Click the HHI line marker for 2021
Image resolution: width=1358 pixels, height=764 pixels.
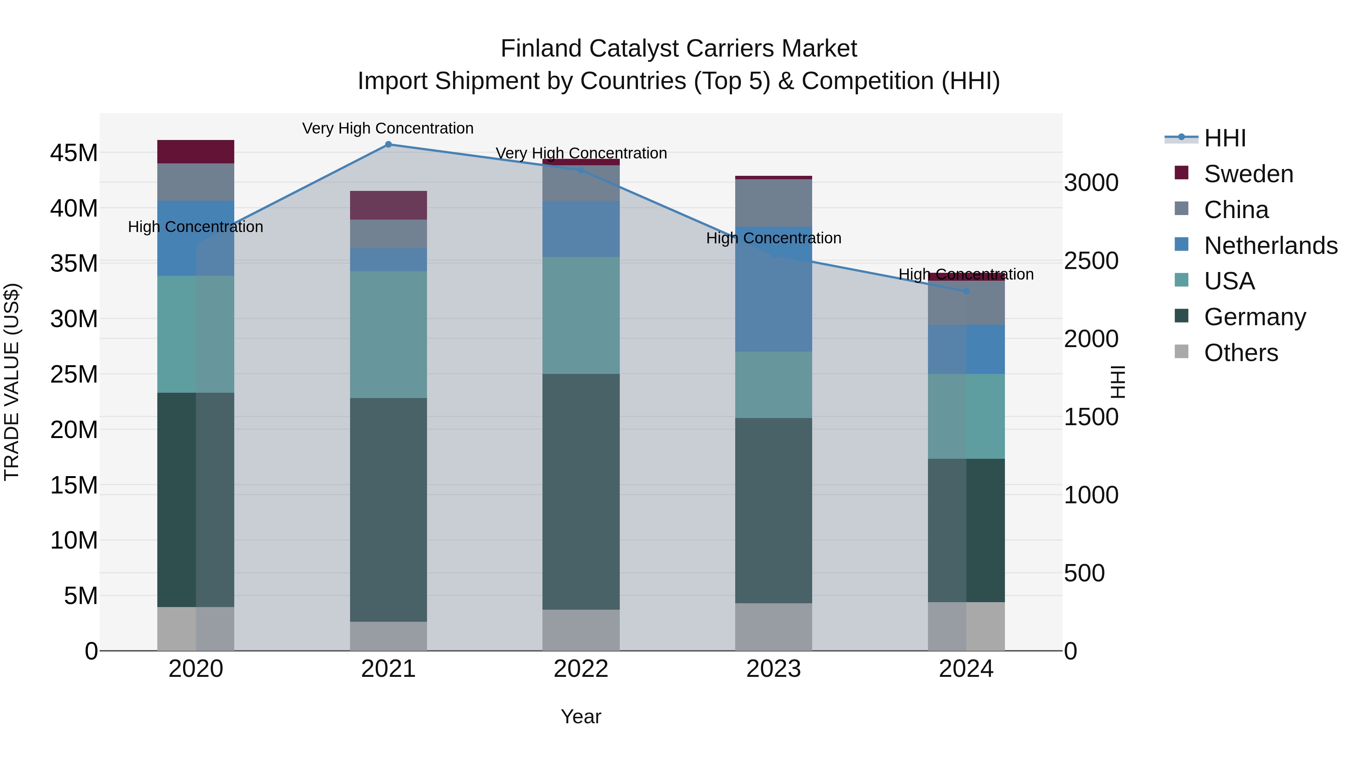388,144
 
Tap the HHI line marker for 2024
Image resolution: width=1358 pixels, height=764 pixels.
966,291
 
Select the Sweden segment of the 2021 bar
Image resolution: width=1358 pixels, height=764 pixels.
388,205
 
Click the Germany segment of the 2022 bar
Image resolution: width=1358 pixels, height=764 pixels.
581,491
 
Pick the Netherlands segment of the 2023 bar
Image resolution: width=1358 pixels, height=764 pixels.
773,289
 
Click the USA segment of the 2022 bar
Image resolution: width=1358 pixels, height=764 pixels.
581,315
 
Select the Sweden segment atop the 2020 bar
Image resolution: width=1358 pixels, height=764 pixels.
195,152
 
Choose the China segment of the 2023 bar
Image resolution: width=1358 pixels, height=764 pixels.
773,203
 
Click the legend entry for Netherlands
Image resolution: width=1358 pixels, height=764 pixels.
1270,246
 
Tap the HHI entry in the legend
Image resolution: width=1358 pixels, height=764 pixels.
1224,138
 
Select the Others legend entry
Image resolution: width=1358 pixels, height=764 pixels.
1240,353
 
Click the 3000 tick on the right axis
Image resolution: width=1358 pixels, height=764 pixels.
1091,183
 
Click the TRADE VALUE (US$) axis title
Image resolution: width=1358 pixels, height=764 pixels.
12,382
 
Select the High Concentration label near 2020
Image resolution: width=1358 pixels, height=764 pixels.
195,227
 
